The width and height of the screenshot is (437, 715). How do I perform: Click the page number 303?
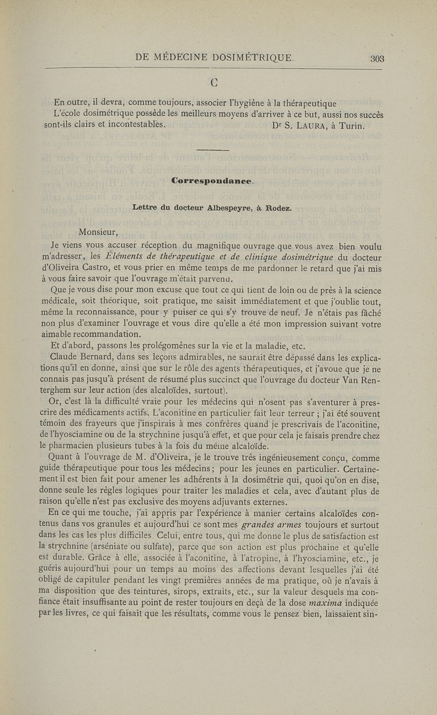pos(377,58)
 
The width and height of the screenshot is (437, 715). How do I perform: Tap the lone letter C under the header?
pos(215,84)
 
